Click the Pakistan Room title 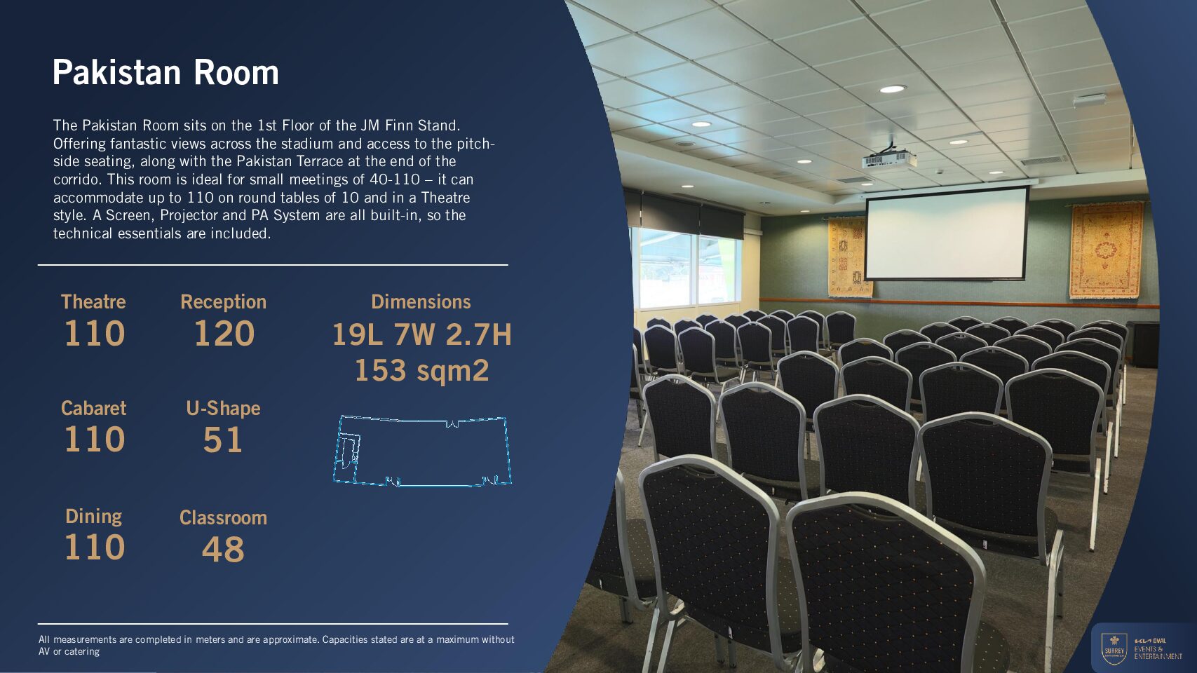(x=165, y=73)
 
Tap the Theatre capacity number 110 (x=95, y=333)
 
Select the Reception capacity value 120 (x=224, y=333)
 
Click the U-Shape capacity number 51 (x=223, y=440)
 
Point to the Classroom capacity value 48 (x=223, y=549)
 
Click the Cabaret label (x=93, y=408)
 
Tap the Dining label (x=93, y=517)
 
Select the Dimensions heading (x=421, y=301)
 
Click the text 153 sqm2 (x=421, y=370)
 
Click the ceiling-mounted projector (x=888, y=159)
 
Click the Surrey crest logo (x=1115, y=649)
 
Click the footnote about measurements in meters (x=276, y=645)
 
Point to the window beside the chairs (x=687, y=268)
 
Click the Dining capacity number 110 (x=95, y=547)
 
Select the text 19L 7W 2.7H (x=421, y=335)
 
